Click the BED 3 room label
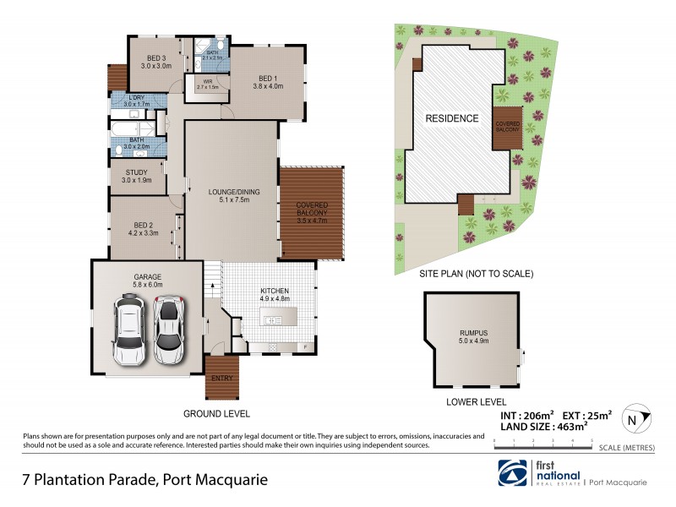point(155,61)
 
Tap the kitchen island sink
point(273,320)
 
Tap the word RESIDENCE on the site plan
point(451,118)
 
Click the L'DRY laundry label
point(136,101)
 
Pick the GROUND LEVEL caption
point(217,414)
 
